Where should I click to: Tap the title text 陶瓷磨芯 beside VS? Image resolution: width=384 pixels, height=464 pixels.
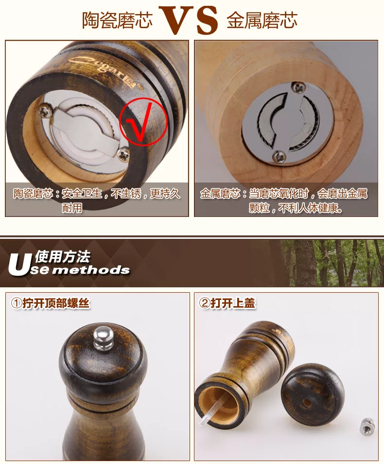(x=117, y=20)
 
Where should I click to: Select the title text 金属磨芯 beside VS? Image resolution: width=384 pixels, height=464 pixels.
(x=262, y=20)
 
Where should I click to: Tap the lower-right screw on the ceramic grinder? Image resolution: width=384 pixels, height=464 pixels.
(x=123, y=154)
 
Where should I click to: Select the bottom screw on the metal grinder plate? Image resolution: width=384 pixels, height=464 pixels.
(x=279, y=156)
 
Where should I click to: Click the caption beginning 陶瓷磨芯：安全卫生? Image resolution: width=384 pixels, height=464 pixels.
(x=97, y=200)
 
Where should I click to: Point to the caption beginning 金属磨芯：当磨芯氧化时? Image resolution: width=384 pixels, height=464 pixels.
(x=283, y=200)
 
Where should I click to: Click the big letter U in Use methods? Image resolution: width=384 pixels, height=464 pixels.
(x=19, y=265)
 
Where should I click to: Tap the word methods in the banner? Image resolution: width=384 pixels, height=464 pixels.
(x=92, y=270)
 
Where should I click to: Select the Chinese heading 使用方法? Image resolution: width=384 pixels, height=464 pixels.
(x=63, y=257)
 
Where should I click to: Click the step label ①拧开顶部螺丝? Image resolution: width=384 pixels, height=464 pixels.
(x=50, y=303)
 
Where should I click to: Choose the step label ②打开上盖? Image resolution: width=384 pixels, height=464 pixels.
(x=227, y=303)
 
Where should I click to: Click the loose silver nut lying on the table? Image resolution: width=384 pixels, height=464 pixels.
(x=367, y=426)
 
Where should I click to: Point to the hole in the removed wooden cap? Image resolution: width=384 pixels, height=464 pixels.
(x=307, y=403)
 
